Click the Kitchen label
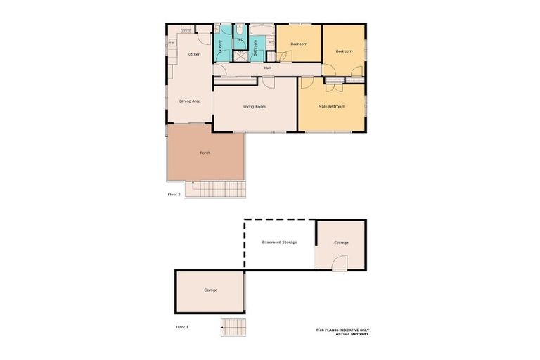coord(194,54)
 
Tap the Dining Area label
coord(190,101)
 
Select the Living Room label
coord(255,107)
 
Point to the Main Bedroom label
coord(332,107)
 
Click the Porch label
coord(205,153)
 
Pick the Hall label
coord(268,67)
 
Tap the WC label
coord(240,40)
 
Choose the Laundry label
coord(221,46)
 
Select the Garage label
coord(210,290)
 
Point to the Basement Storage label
coord(279,243)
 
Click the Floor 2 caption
coord(174,194)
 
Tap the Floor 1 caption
coord(182,327)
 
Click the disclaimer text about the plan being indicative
coord(342,331)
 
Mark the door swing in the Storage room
coord(340,262)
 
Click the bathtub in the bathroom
coord(262,30)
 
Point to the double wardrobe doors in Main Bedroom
coord(334,80)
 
